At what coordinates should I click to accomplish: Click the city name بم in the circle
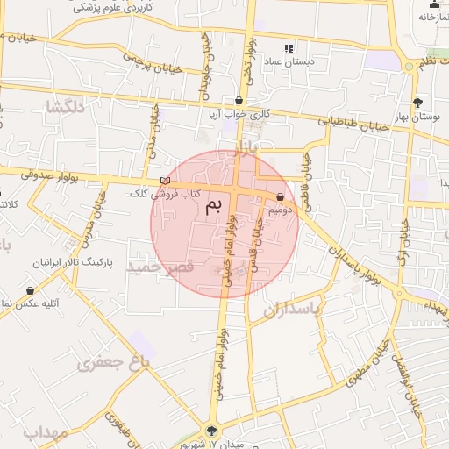pos(214,206)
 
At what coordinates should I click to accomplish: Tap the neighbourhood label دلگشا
pos(67,108)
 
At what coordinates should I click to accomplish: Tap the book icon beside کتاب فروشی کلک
pos(165,181)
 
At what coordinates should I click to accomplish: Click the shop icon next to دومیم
pos(280,197)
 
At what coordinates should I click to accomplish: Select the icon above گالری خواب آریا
pos(239,101)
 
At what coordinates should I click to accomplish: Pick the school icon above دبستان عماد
pos(289,48)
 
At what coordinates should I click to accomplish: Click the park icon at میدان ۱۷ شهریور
pos(210,429)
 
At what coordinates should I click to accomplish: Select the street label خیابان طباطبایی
pos(351,125)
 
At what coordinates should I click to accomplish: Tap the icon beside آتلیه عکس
pos(31,290)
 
